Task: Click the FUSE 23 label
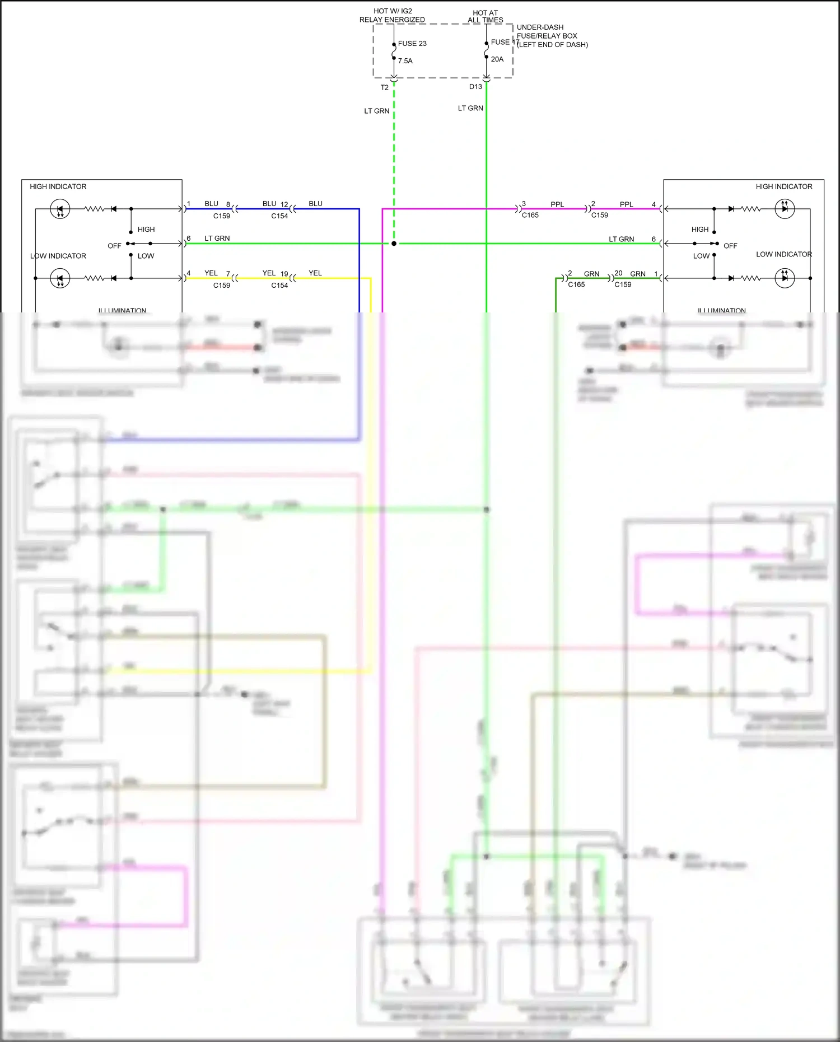click(412, 44)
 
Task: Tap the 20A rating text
click(497, 59)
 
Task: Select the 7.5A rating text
click(405, 61)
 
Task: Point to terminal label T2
click(384, 88)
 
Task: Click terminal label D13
click(475, 87)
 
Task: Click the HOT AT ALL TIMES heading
click(485, 16)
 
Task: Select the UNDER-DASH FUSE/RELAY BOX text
click(552, 36)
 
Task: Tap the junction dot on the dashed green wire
click(394, 244)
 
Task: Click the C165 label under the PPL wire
click(530, 215)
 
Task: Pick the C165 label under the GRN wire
click(576, 284)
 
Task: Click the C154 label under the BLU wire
click(279, 216)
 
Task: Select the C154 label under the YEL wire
click(279, 286)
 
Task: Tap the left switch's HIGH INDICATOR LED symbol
click(60, 209)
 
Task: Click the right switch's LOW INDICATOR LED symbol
click(785, 278)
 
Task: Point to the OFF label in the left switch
click(114, 246)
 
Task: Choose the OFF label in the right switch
click(730, 246)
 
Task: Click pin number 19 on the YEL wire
click(284, 274)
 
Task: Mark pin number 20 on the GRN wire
click(618, 273)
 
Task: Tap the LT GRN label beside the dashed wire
click(376, 111)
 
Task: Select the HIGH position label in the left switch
click(146, 230)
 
